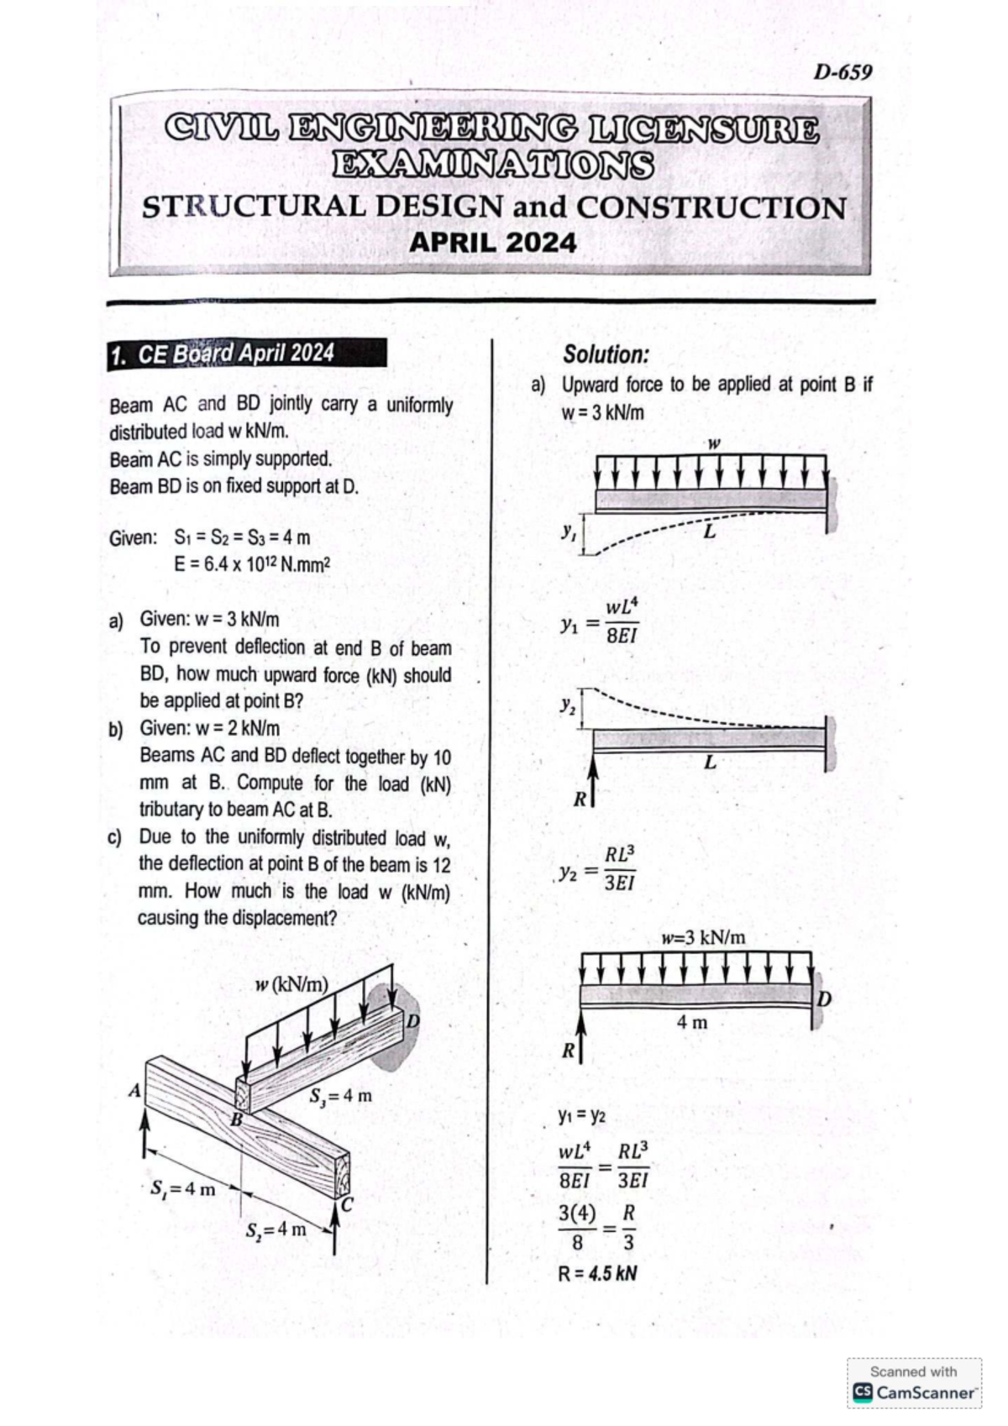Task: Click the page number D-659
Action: tap(843, 72)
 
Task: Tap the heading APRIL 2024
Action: tap(492, 243)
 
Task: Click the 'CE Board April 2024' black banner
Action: tap(248, 354)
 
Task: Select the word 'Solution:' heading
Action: tap(606, 354)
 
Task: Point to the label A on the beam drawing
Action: tap(133, 1092)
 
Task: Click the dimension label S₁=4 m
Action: tap(182, 1190)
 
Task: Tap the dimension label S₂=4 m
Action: tap(276, 1229)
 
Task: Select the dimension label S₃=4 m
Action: tap(341, 1096)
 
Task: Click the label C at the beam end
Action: tap(346, 1205)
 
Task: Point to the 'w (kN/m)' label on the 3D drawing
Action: tap(291, 984)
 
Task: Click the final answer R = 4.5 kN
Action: tap(597, 1273)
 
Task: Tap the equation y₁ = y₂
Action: tap(581, 1116)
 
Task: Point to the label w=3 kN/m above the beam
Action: tap(703, 937)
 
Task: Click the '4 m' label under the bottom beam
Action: tap(692, 1022)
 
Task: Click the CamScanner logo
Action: tap(914, 1392)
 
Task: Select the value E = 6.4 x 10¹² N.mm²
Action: tap(251, 564)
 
